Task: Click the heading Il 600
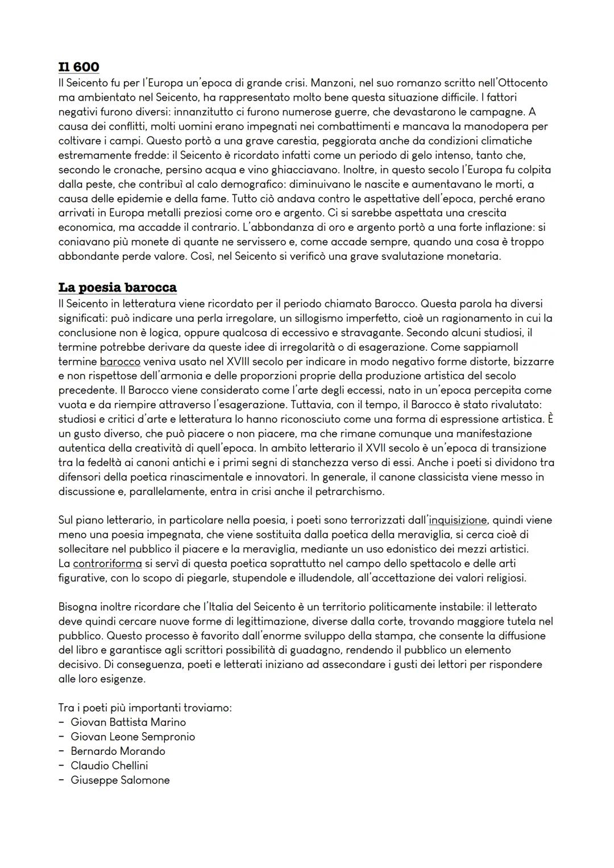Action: [78, 67]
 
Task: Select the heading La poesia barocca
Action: [118, 287]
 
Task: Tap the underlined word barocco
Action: [120, 362]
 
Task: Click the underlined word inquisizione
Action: [458, 520]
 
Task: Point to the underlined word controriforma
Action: [107, 563]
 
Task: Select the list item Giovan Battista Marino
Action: [128, 722]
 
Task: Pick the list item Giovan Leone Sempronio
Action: [132, 737]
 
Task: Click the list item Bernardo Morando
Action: [118, 751]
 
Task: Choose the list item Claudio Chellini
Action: [109, 766]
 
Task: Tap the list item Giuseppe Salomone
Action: [120, 780]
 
